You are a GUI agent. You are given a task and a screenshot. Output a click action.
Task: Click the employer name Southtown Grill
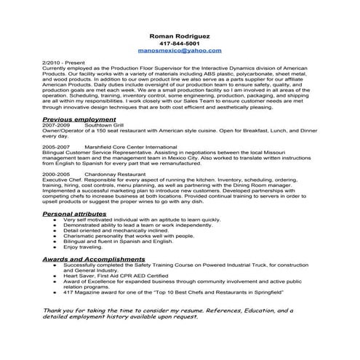(104, 125)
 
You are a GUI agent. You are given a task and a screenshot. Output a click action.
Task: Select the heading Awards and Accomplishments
(93, 258)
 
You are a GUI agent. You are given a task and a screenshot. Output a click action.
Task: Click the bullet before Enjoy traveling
(56, 248)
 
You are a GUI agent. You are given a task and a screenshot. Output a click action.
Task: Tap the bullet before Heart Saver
(56, 276)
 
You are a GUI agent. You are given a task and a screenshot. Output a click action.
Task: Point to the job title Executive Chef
(63, 180)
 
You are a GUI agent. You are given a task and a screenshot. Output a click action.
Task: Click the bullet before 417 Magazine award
(56, 292)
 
